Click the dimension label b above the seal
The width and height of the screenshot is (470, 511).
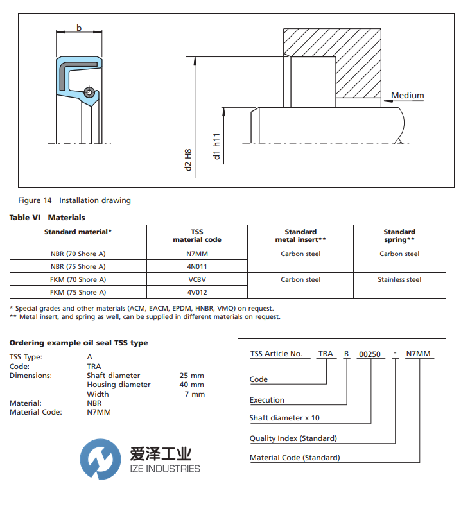click(79, 28)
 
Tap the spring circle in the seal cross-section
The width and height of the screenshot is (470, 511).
click(89, 91)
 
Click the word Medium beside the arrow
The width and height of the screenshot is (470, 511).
click(408, 96)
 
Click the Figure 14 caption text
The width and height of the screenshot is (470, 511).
click(74, 200)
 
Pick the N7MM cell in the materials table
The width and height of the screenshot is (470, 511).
click(197, 254)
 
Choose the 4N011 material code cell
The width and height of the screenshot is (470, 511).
click(197, 266)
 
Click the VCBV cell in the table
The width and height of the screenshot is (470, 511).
click(197, 279)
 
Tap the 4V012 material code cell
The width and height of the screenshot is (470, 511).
click(197, 292)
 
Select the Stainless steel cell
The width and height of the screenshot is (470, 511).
click(399, 279)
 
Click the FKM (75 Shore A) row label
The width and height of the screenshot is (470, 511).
click(78, 292)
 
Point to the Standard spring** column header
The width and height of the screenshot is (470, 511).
click(399, 236)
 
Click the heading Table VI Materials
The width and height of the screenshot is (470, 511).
click(47, 218)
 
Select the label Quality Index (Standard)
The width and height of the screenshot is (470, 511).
click(293, 438)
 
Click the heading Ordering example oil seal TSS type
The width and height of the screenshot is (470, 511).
click(78, 343)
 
